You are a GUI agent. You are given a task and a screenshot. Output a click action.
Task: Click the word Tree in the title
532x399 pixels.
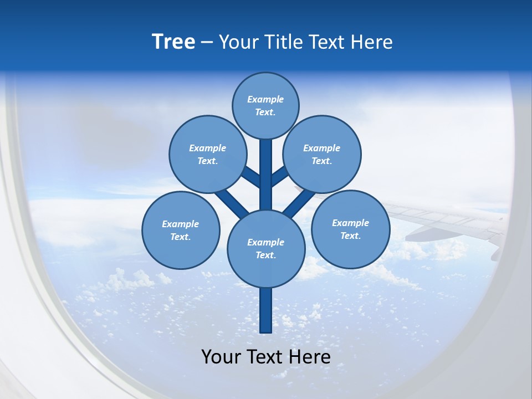(173, 42)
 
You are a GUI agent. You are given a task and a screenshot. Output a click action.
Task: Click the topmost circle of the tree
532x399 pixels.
(265, 105)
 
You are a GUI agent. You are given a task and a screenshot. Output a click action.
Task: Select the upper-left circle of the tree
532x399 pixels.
(208, 154)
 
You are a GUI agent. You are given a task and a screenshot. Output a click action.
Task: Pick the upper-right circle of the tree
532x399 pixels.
(322, 154)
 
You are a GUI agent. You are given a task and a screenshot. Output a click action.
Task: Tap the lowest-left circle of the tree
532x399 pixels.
(181, 230)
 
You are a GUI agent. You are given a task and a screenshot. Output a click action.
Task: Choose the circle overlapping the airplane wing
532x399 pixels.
(350, 229)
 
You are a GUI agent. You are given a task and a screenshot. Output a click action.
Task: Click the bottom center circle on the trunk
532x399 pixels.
(266, 248)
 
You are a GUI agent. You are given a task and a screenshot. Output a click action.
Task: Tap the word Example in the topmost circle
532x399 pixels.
(265, 99)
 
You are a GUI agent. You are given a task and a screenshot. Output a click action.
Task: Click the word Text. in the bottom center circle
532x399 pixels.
(265, 255)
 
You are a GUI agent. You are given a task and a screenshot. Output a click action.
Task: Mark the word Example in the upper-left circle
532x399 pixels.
(208, 148)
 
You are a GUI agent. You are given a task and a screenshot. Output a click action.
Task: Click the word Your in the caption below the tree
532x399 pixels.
(221, 357)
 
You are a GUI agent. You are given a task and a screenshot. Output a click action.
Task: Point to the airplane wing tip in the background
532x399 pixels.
(495, 255)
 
